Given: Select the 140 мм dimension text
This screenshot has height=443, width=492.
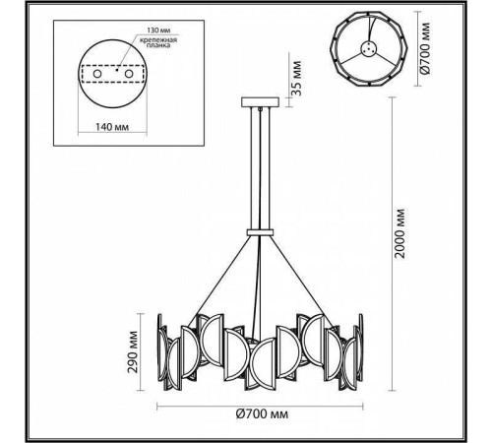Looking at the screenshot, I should pos(115,126).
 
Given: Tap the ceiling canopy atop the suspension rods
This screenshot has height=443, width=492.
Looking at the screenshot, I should pos(260,101).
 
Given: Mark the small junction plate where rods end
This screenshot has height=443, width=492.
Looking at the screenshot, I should pos(260,229).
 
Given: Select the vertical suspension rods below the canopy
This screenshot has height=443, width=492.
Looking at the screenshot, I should pos(260,167).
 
